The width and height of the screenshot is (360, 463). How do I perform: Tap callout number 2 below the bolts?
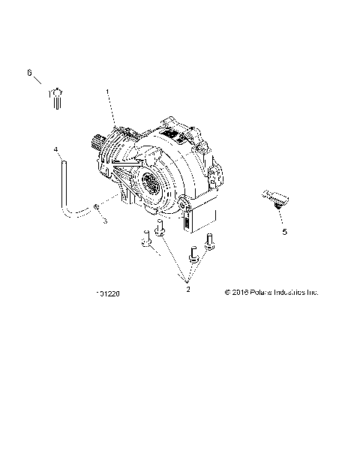pyautogui.click(x=187, y=287)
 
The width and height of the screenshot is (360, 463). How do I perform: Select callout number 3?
pyautogui.click(x=106, y=221)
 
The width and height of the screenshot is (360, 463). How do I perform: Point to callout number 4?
pyautogui.click(x=55, y=150)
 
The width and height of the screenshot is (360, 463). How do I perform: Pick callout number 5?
pyautogui.click(x=284, y=232)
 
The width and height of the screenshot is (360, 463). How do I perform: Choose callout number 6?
pyautogui.click(x=30, y=72)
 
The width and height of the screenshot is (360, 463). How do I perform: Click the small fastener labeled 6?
pyautogui.click(x=57, y=97)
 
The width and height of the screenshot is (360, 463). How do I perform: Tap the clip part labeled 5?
pyautogui.click(x=277, y=198)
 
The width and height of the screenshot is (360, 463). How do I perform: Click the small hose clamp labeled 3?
pyautogui.click(x=97, y=206)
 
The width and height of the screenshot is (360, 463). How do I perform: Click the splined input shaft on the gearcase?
pyautogui.click(x=96, y=139)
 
